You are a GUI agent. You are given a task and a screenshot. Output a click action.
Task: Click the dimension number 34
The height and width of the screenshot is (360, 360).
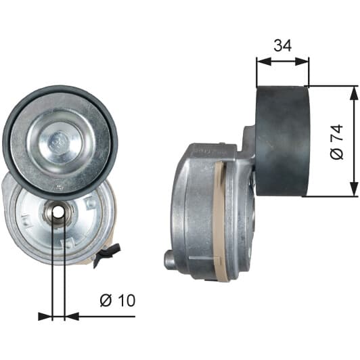coord(283,45)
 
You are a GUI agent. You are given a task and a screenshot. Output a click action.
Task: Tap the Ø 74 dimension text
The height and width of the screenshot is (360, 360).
coord(337,142)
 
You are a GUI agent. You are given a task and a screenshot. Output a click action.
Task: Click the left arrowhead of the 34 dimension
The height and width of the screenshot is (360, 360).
coord(264,62)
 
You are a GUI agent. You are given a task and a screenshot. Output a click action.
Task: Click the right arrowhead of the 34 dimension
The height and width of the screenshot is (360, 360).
coord(302,62)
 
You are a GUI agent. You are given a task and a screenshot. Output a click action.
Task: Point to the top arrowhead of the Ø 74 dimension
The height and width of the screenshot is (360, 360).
coord(354,93)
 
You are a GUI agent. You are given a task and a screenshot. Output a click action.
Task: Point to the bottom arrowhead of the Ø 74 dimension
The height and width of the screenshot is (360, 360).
coord(354,189)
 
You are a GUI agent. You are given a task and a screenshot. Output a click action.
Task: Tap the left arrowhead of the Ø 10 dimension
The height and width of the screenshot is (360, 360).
coord(45,317)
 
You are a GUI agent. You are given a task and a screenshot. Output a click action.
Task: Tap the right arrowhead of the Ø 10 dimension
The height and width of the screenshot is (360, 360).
coord(72,317)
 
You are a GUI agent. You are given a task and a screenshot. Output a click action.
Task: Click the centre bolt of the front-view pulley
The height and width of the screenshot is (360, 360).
coord(58,143)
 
